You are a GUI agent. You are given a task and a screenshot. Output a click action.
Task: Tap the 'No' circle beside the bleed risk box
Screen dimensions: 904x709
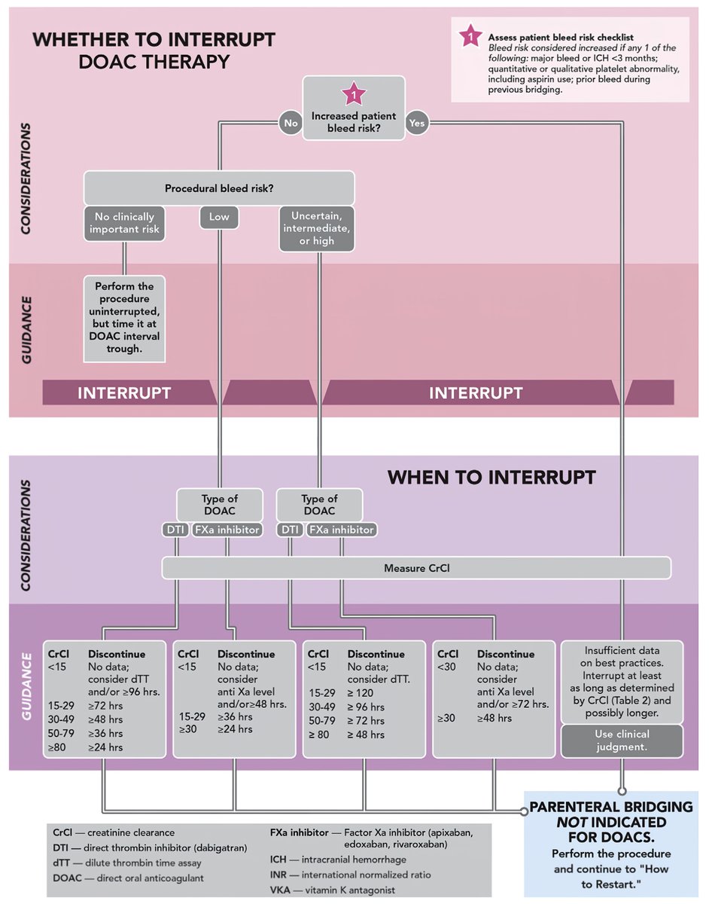tap(289, 122)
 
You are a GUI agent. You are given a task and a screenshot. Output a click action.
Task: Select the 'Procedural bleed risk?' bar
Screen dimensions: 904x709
tap(219, 188)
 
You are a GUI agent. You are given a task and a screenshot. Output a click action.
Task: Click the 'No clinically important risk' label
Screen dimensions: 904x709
tap(123, 223)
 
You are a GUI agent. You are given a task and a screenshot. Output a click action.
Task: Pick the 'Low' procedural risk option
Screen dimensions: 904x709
tap(219, 218)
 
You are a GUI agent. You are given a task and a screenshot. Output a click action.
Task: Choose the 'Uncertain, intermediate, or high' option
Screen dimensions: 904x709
tap(317, 228)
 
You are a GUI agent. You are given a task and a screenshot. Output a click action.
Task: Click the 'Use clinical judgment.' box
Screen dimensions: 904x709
tap(622, 741)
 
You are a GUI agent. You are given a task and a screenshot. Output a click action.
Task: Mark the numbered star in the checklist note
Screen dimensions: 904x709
tap(470, 36)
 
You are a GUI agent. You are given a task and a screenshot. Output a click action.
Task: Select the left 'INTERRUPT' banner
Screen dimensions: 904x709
tap(124, 392)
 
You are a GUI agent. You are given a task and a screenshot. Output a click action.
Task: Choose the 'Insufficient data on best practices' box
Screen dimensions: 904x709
tap(622, 681)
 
